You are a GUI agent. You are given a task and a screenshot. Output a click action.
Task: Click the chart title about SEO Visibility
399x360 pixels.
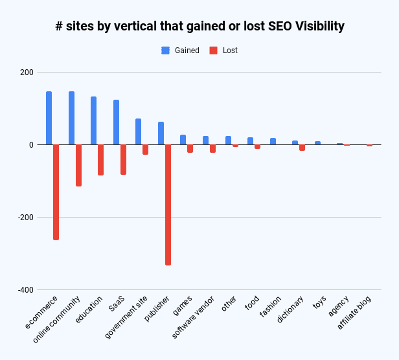[199, 27]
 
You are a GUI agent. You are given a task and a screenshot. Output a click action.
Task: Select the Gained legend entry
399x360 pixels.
[181, 51]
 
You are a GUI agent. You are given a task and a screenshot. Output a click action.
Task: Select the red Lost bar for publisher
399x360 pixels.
[168, 205]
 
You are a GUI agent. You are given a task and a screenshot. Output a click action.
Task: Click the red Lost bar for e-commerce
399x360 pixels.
[56, 192]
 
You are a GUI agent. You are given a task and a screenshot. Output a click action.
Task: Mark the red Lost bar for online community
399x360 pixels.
[78, 165]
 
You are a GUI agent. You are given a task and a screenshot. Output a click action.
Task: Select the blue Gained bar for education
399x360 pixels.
[93, 120]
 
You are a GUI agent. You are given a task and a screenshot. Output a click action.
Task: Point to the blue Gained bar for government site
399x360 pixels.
[138, 131]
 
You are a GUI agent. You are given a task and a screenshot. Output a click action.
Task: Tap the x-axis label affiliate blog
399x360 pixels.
[355, 313]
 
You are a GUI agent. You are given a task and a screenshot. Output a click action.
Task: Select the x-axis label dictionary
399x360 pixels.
[290, 309]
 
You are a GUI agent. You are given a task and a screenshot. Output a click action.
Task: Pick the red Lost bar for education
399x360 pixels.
[101, 160]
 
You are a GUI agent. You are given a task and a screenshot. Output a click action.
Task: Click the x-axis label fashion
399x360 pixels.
[269, 307]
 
